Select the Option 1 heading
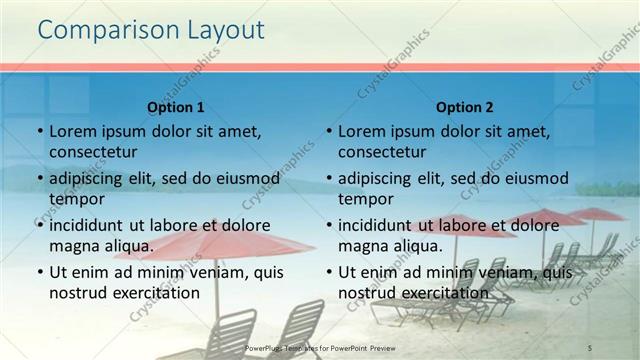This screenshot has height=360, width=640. pyautogui.click(x=176, y=107)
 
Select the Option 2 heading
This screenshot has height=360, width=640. pyautogui.click(x=465, y=107)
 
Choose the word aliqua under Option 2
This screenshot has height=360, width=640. pyautogui.click(x=409, y=245)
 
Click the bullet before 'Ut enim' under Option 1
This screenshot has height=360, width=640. pyautogui.click(x=39, y=271)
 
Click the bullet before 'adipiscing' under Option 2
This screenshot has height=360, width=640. pyautogui.click(x=328, y=178)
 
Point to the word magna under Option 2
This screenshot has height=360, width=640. pyautogui.click(x=362, y=245)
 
